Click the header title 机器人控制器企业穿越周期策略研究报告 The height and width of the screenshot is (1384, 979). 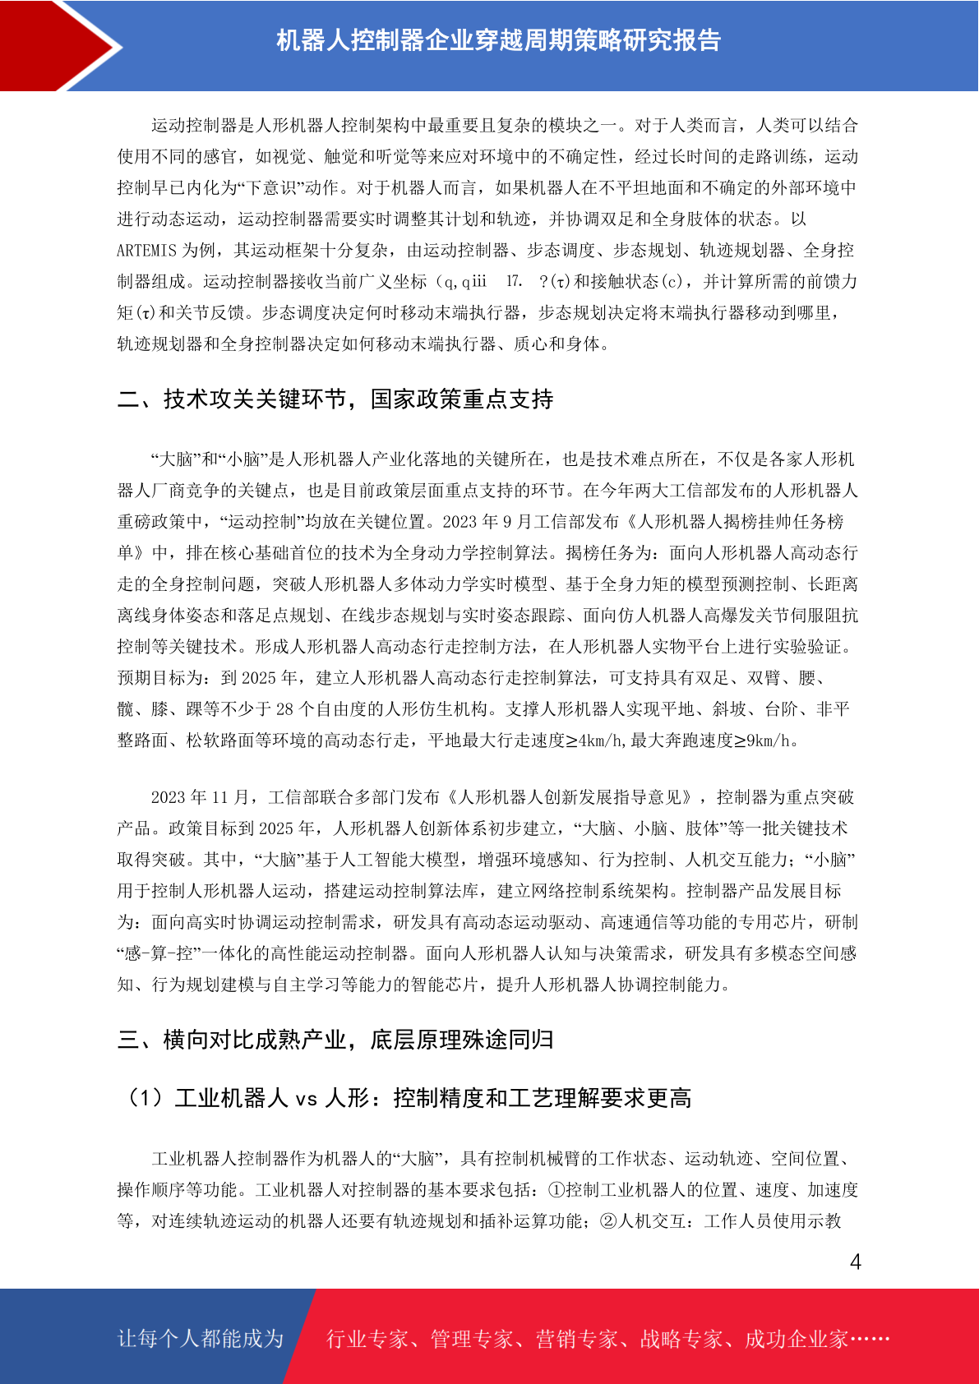point(498,40)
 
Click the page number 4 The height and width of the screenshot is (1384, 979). point(856,1262)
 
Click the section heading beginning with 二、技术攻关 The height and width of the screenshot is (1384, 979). point(335,399)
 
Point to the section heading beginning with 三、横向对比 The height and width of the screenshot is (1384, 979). point(335,1040)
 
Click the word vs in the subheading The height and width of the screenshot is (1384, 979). point(306,1099)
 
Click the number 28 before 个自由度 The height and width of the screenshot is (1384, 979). point(284,709)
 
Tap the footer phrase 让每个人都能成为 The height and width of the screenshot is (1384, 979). point(201,1338)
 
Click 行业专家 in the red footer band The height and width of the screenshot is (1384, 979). point(367,1340)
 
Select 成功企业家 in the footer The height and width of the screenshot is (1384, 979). point(796,1340)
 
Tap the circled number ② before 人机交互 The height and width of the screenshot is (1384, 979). point(608,1221)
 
